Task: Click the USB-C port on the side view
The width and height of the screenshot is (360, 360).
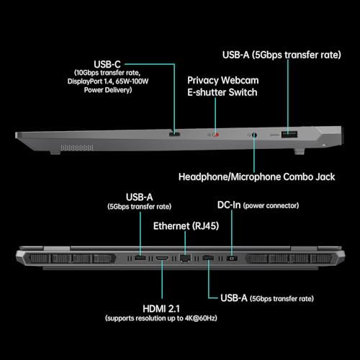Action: coord(174,134)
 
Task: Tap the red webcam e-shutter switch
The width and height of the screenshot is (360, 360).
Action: coord(216,135)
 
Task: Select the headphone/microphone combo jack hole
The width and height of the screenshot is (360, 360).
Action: coord(254,135)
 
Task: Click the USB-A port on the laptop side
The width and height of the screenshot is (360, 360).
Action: coord(289,134)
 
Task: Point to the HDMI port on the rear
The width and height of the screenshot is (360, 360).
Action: coord(162,258)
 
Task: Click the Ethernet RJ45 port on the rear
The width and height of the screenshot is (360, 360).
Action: coord(185,258)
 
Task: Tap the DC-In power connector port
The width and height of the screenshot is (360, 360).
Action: coord(232,258)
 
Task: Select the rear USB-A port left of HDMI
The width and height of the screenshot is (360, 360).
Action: coord(140,258)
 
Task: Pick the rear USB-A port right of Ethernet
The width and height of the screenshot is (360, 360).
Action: coord(208,258)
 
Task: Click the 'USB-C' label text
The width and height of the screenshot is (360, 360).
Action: coord(107,64)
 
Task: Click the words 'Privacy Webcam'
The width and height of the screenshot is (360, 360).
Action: coord(223,81)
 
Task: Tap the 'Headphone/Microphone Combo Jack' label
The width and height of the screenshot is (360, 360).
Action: coord(256,177)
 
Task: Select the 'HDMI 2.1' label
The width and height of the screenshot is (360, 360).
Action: coord(161,309)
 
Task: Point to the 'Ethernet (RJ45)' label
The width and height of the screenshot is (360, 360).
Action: coord(186,226)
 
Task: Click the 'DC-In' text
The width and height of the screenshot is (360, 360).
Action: coord(229,205)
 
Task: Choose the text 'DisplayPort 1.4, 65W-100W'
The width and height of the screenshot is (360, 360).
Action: coord(108,81)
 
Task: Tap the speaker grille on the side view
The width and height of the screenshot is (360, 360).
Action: coord(77,148)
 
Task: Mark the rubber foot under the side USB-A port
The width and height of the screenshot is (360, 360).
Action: coord(300,151)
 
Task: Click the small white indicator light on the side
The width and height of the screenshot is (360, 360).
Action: coord(325,145)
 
